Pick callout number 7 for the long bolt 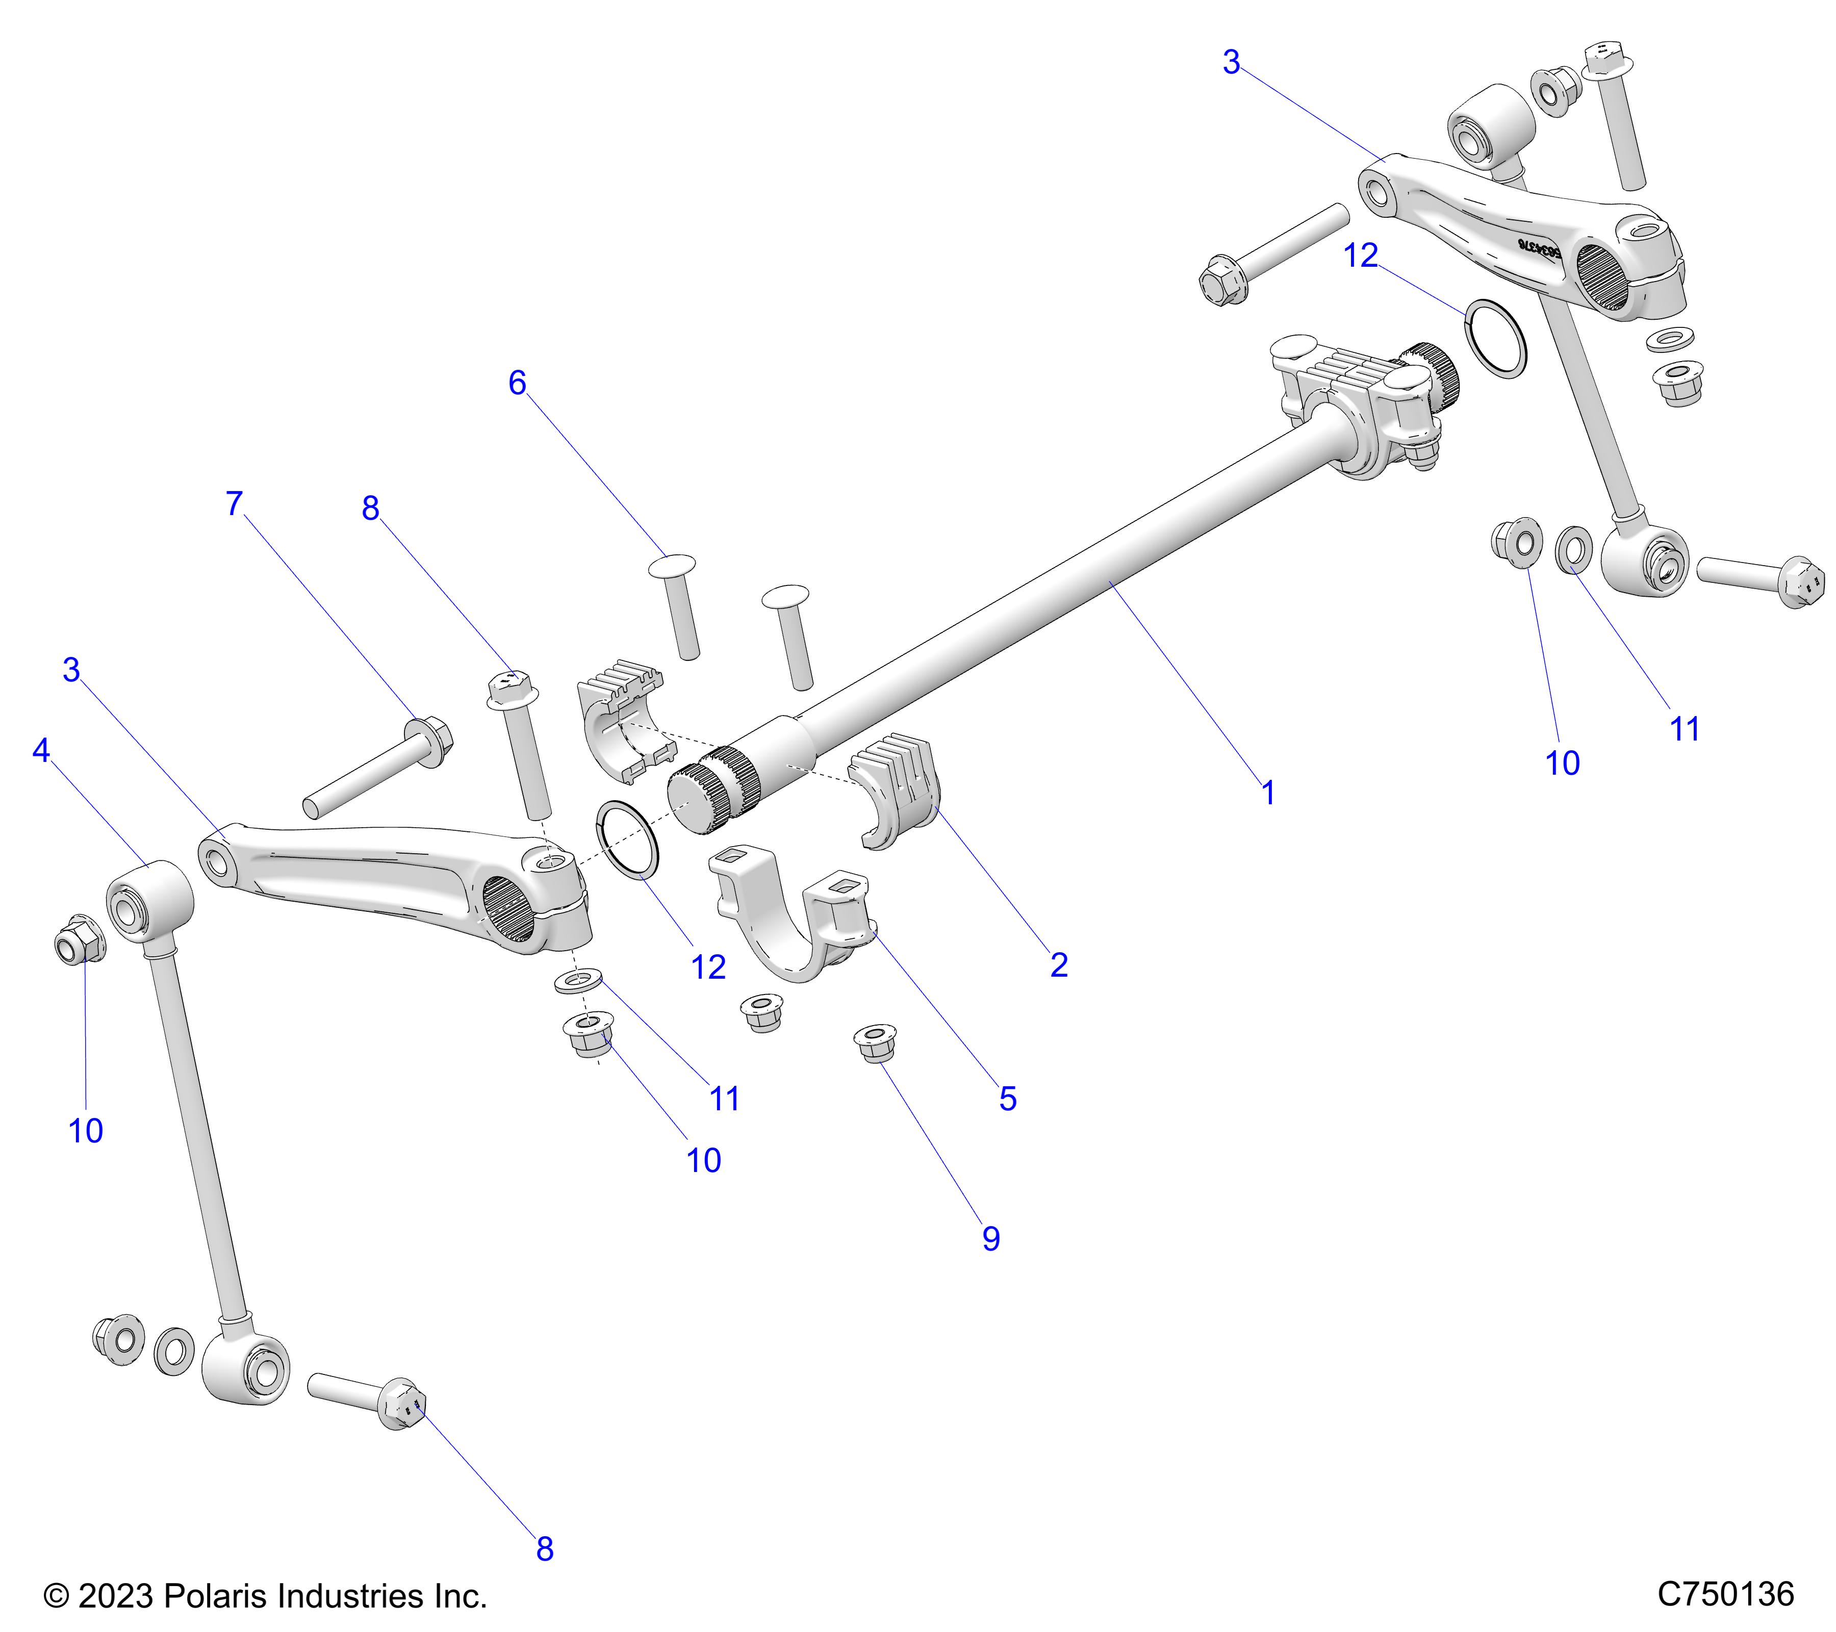(x=235, y=504)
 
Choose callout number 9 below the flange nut (x=991, y=1239)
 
